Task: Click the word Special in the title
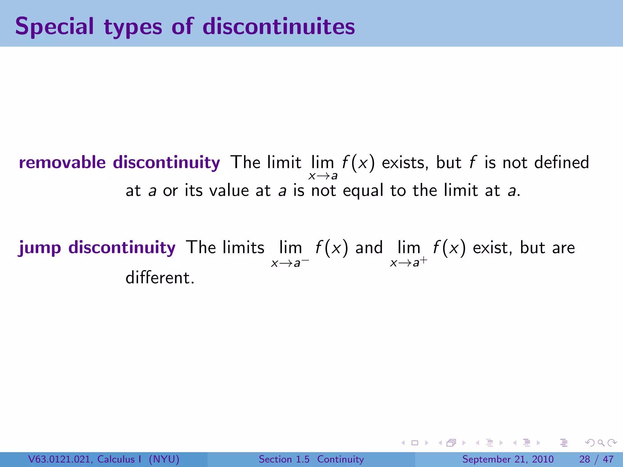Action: coord(54,27)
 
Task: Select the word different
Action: coord(160,278)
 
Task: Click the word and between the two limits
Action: coord(369,247)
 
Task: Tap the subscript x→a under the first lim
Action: coord(323,176)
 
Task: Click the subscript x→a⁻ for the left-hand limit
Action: coord(290,263)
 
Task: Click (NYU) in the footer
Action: coord(164,459)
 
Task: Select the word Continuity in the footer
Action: coord(340,459)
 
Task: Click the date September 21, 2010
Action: coord(508,459)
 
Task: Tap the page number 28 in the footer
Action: coord(585,459)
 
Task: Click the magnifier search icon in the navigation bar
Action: coord(601,443)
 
